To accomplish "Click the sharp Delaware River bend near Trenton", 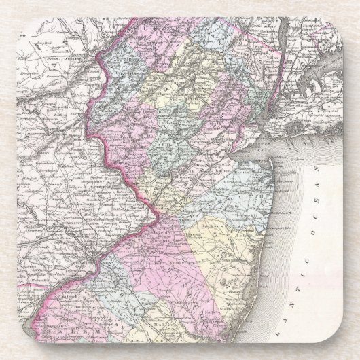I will (x=158, y=216).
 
